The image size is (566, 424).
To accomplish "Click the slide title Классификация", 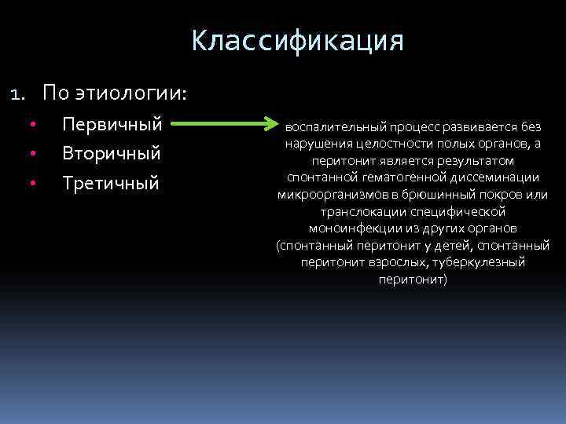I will [297, 41].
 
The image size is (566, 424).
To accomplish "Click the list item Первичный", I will [112, 124].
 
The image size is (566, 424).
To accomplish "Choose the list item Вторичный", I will [112, 153].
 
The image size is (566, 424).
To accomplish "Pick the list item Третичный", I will [110, 183].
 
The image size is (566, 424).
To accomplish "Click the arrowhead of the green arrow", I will [271, 124].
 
